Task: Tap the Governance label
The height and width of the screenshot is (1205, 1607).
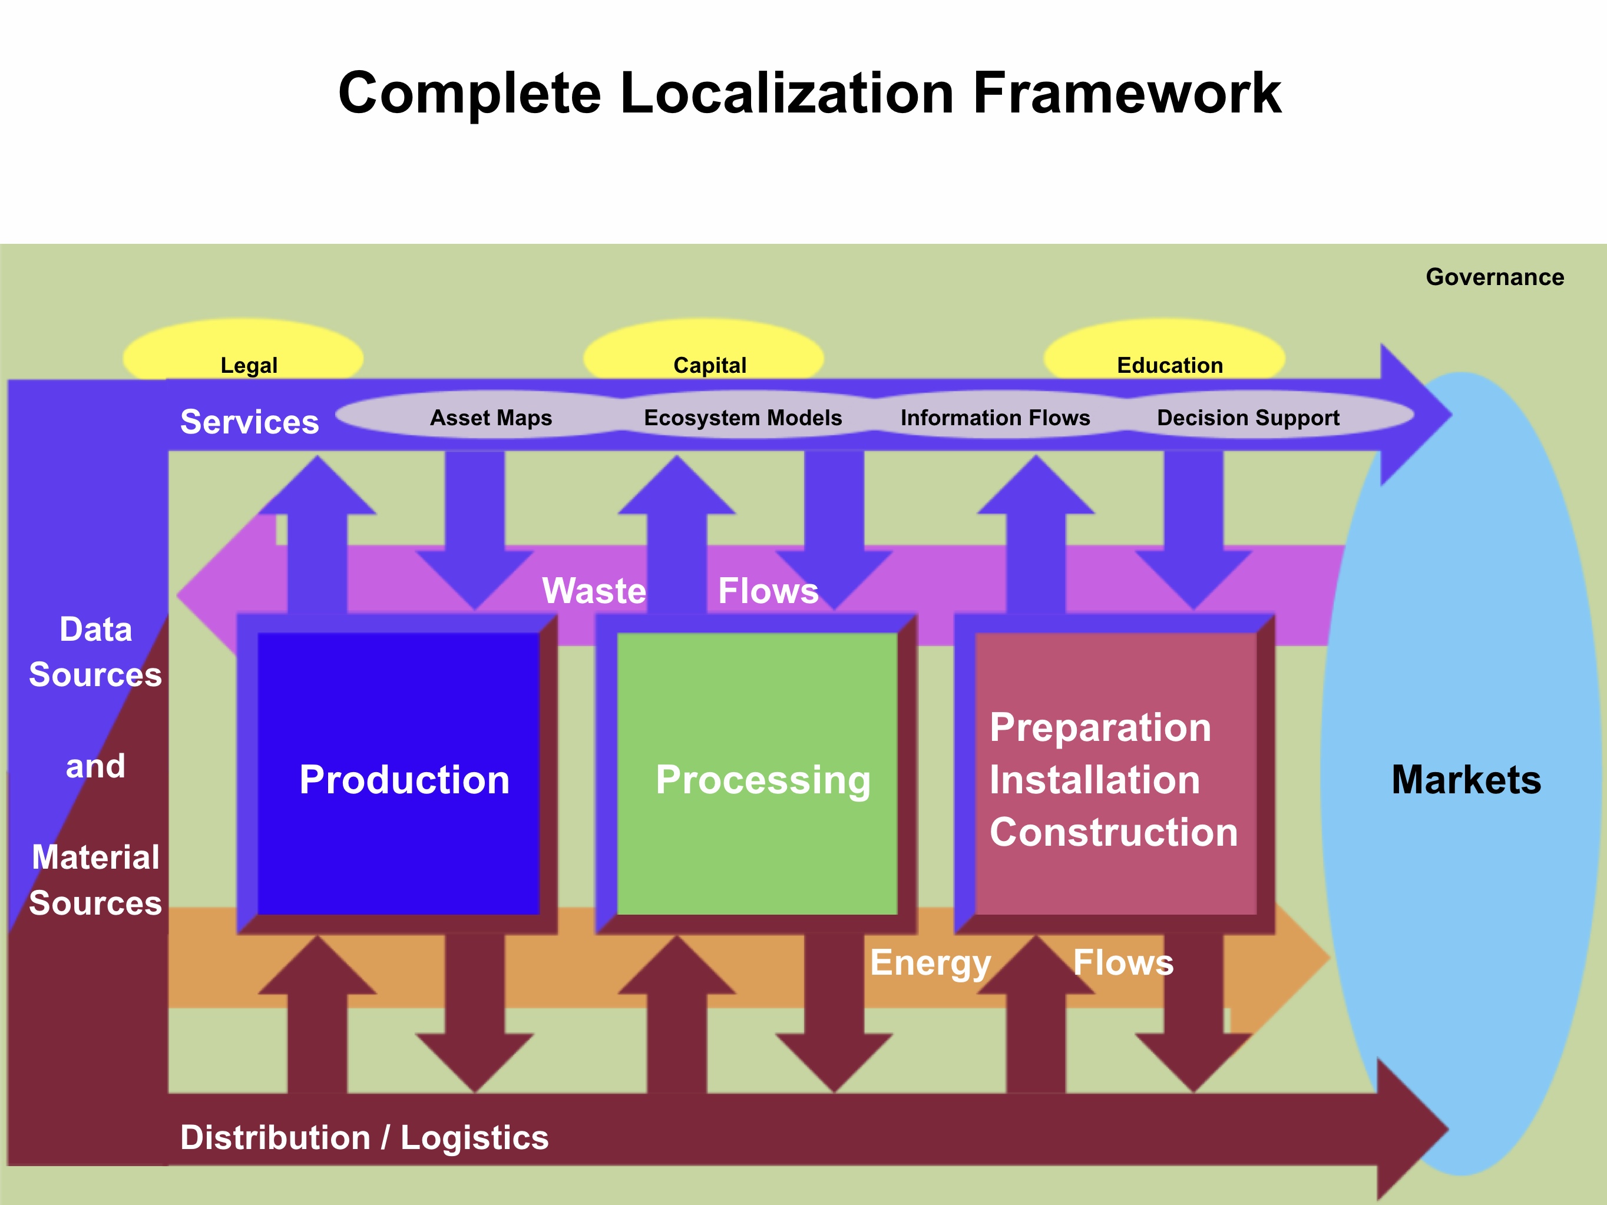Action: pos(1494,277)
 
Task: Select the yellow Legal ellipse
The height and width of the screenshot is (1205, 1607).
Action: pos(243,352)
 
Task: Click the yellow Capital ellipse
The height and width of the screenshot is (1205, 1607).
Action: pos(703,352)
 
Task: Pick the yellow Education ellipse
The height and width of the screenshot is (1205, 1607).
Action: pos(1164,352)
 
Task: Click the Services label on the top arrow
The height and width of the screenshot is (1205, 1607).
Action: pos(249,421)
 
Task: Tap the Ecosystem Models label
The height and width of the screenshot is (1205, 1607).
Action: pos(742,417)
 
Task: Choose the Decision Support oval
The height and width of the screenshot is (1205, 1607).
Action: pos(1248,417)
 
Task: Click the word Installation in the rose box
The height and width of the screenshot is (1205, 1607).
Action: pos(1094,779)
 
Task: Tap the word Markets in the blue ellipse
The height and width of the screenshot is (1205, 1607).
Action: pos(1466,779)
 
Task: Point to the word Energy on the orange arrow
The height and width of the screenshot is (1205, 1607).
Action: pos(930,962)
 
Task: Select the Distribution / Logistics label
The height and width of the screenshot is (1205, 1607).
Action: pos(364,1137)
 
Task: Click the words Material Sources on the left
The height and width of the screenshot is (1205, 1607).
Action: pos(95,879)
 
